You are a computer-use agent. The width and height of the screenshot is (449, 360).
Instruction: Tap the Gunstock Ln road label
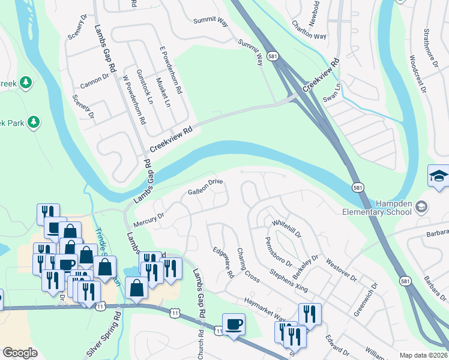145,87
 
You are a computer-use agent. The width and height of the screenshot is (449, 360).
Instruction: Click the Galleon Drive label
205,187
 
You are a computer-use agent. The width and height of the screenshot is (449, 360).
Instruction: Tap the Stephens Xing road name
289,281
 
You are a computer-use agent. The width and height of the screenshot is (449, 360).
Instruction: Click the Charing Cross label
248,265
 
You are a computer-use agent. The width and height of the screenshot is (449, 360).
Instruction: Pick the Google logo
20,353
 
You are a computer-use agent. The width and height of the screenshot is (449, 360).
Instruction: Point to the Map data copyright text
423,355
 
